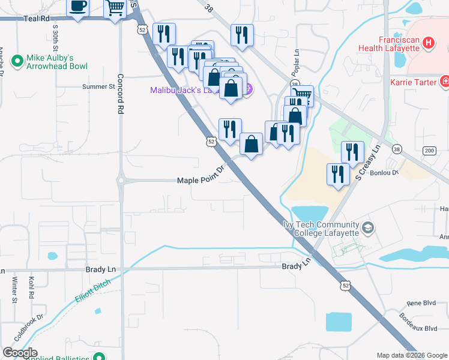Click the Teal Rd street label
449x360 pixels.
point(36,19)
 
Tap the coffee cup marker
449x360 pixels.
point(78,8)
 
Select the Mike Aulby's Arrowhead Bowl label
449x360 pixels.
point(57,62)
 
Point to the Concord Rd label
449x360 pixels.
point(120,94)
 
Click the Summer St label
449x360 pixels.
point(98,86)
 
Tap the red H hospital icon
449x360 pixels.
point(428,43)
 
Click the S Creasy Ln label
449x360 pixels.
point(368,162)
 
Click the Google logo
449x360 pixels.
point(20,353)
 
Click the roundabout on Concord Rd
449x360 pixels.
point(121,180)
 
